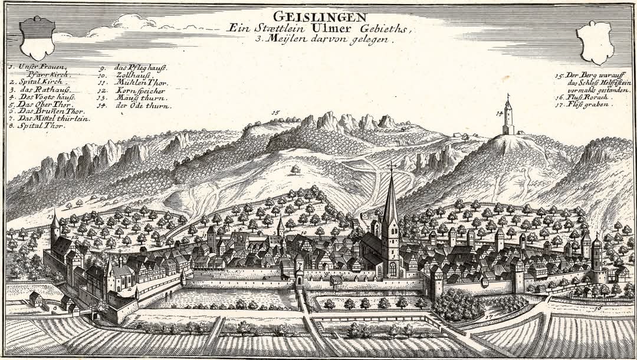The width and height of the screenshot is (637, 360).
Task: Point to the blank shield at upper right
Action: tap(596, 42)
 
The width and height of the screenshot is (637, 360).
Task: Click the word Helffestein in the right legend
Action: tap(614, 83)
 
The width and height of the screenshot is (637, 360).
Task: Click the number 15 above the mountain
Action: tap(275, 113)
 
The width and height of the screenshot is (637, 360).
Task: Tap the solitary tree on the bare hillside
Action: tap(295, 170)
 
